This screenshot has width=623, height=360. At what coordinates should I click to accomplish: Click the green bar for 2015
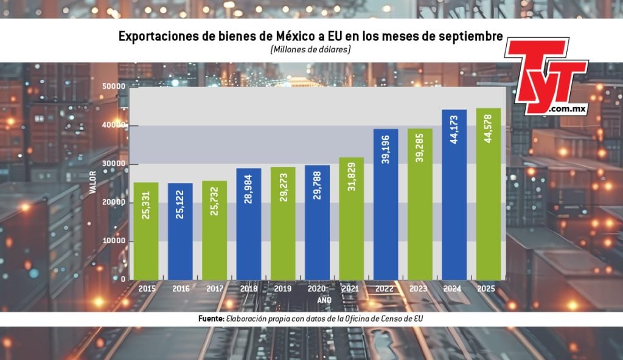tap(146, 231)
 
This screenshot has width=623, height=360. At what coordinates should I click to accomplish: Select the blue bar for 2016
tap(180, 231)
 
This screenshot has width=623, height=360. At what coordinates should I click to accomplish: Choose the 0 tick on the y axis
tap(122, 279)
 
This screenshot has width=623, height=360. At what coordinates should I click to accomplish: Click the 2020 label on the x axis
tap(318, 289)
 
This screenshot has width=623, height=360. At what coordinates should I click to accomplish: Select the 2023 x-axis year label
tap(420, 289)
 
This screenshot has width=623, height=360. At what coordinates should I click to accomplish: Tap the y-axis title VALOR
tap(93, 183)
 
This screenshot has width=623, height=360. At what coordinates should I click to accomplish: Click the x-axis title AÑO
tap(325, 300)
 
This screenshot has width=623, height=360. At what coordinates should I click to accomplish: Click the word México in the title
tap(284, 36)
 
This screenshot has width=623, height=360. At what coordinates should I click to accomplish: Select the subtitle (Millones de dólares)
tap(311, 50)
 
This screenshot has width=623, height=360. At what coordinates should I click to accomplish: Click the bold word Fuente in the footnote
tap(211, 319)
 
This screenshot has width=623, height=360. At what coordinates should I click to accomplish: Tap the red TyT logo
tap(545, 75)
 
